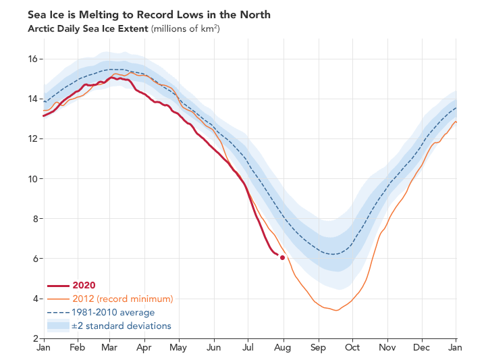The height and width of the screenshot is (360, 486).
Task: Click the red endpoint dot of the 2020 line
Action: tap(282, 257)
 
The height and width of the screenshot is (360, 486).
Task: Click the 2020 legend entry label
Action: tap(84, 285)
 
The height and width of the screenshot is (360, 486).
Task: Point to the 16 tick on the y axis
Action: tap(31, 59)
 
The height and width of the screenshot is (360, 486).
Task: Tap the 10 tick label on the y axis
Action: tap(31, 178)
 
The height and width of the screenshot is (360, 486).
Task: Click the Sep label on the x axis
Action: tap(318, 348)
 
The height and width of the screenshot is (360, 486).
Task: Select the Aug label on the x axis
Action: tap(283, 348)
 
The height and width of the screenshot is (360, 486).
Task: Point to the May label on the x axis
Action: tap(178, 348)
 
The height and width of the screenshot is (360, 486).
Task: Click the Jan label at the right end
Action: tap(456, 348)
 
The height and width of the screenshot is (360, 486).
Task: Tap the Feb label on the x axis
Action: tap(77, 348)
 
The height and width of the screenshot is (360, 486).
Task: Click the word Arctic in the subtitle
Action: tap(43, 28)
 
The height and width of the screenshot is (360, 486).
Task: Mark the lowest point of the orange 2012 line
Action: tap(335, 311)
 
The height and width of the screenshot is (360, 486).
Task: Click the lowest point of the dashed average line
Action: tap(333, 254)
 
